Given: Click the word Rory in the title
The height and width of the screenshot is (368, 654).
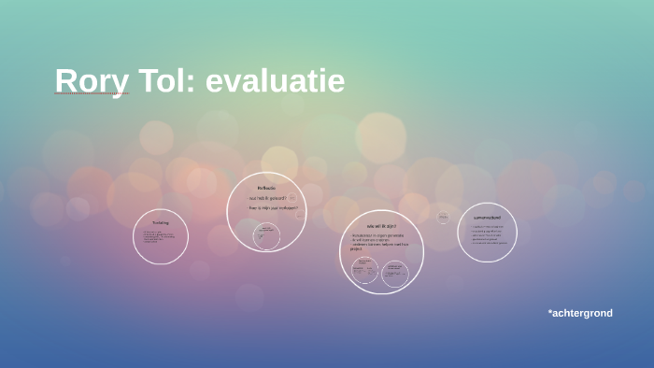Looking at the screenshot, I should [x=91, y=80].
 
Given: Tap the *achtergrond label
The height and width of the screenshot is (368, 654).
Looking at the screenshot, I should [x=580, y=313].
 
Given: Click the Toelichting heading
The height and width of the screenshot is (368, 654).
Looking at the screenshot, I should [x=161, y=222].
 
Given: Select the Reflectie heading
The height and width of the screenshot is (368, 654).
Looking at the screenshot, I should [x=266, y=188].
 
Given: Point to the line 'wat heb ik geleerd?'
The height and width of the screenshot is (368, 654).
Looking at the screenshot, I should [x=267, y=198].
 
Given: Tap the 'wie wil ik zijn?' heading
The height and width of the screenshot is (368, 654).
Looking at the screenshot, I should [x=381, y=226].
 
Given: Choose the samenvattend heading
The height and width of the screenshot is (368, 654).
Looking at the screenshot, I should [x=487, y=218].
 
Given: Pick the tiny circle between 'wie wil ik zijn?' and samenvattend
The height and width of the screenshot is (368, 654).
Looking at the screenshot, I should [x=443, y=218].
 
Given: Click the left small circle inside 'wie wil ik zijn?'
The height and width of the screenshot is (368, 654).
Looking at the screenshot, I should [x=364, y=270].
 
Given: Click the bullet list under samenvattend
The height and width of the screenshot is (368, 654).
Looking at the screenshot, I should [x=489, y=234].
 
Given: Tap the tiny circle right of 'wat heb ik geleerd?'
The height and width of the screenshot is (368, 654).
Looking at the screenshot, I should [x=292, y=198].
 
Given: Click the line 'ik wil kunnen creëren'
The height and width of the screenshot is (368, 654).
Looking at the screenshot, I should [x=372, y=240].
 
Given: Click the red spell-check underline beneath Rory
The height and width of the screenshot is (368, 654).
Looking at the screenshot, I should [x=91, y=93].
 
